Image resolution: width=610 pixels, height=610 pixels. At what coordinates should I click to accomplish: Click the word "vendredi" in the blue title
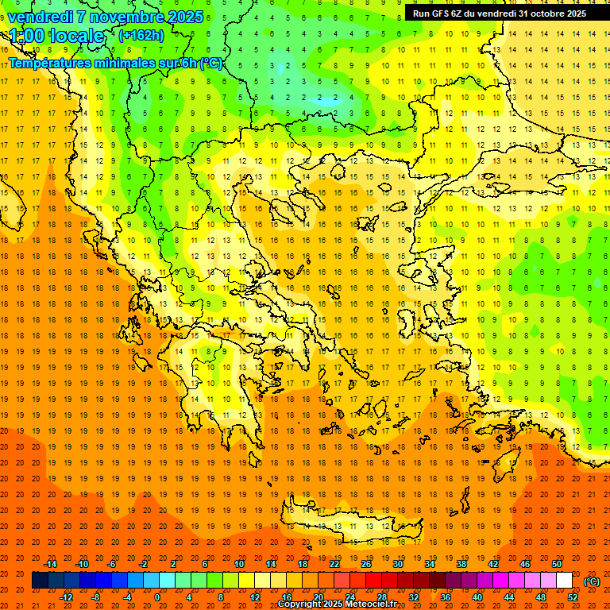(x=41, y=16)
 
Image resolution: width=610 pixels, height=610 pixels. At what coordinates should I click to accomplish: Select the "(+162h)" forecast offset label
(x=141, y=35)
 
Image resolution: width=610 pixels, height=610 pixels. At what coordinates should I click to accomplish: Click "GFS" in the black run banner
(x=442, y=14)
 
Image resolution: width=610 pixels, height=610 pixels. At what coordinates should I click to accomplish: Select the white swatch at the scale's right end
(x=565, y=581)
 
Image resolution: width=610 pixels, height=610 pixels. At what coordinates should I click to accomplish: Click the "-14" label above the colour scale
(x=50, y=564)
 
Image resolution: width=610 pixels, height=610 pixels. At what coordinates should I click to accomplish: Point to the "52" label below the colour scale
(x=573, y=596)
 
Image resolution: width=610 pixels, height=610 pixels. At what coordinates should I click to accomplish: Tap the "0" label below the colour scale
(x=157, y=596)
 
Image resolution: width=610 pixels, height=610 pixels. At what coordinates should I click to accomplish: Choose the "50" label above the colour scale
(x=557, y=564)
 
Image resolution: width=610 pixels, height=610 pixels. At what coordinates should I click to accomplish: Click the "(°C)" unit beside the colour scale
(x=592, y=581)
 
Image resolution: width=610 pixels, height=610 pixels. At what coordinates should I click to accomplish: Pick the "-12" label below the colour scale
(x=66, y=596)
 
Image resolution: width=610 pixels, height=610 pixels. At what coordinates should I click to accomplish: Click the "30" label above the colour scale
(x=398, y=564)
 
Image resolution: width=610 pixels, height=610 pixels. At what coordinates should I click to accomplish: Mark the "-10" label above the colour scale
(x=82, y=564)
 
